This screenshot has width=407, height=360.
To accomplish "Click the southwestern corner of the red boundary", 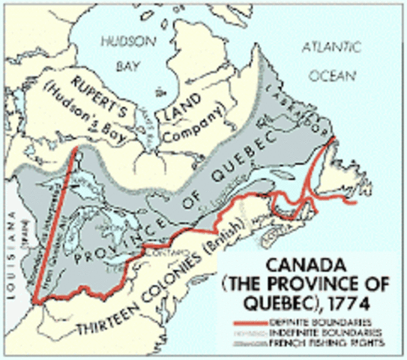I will point(34,301).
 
